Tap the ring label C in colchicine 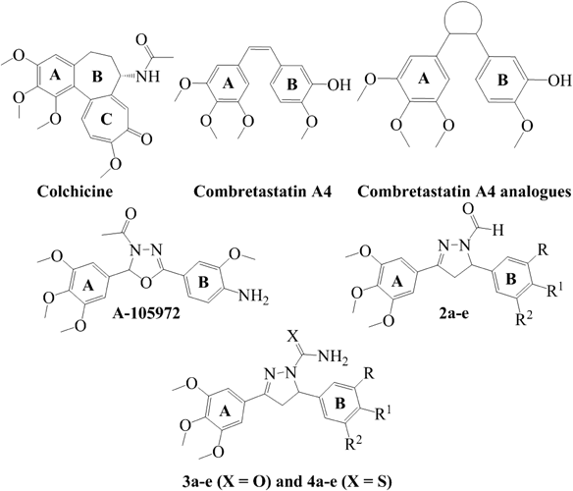(x=106, y=121)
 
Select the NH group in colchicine (x=148, y=77)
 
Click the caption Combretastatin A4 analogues (x=464, y=191)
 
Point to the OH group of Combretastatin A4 (x=339, y=84)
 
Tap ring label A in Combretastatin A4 (x=230, y=84)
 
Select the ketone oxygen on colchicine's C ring (x=147, y=139)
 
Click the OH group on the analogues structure (x=559, y=81)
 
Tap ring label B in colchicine (x=97, y=77)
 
